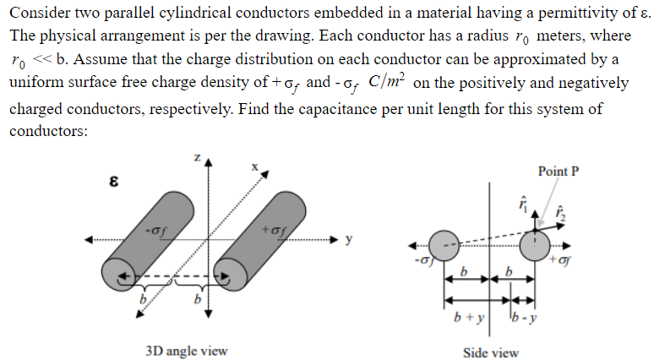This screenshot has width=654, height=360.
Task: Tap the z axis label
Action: tap(195, 158)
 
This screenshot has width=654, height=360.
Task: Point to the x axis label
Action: tap(253, 167)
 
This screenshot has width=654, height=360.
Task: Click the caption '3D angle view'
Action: tap(184, 351)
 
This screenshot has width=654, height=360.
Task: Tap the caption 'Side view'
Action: tap(490, 352)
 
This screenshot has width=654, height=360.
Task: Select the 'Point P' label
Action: tap(559, 171)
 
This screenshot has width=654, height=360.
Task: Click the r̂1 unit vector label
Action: tap(523, 203)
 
